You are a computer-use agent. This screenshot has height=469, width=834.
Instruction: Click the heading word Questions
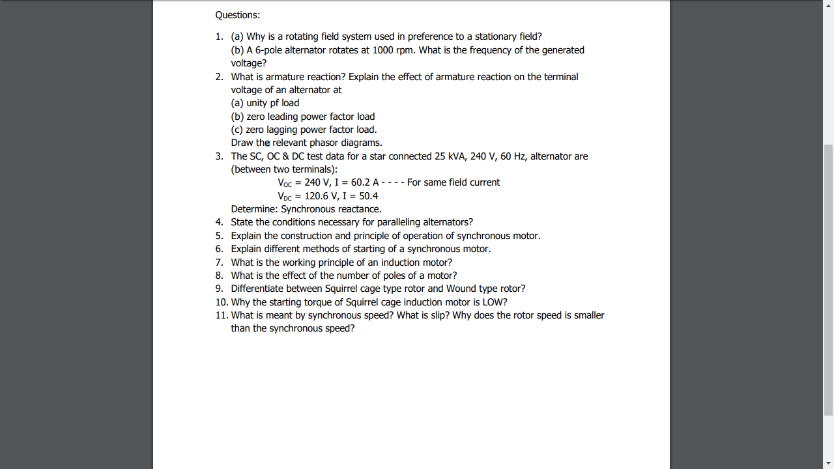coord(237,15)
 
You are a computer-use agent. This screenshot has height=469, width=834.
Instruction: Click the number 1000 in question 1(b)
coord(382,50)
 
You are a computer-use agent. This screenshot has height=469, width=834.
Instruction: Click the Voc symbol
coord(285,183)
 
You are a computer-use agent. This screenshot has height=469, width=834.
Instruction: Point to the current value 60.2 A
coord(365,182)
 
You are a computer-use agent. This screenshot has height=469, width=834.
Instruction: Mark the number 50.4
coord(368,196)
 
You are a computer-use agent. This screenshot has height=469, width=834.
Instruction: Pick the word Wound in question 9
coord(461,289)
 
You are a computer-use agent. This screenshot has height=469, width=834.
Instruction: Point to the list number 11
coord(222,315)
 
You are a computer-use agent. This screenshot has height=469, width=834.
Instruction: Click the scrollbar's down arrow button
coord(828,463)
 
